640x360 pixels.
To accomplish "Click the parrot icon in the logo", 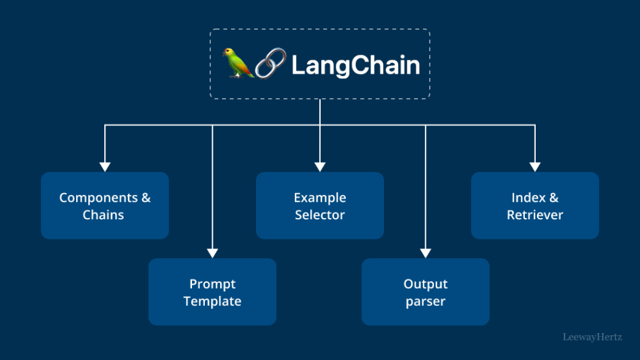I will click(x=238, y=63).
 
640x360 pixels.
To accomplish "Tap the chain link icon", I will click(x=271, y=63).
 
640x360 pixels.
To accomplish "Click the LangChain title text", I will click(x=355, y=65).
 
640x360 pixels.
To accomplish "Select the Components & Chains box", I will click(x=105, y=206).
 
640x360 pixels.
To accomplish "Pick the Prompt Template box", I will click(x=212, y=292).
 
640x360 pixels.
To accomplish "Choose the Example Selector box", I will click(x=320, y=206).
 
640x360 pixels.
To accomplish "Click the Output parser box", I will click(x=425, y=292).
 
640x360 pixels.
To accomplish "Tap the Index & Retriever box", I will click(x=535, y=206).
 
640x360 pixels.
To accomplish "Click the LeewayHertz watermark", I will click(x=592, y=336).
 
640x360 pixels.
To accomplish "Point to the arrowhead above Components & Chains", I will click(x=105, y=166).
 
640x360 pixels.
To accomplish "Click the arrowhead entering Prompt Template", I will click(x=212, y=253).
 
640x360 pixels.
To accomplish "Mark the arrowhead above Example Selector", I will click(x=320, y=166).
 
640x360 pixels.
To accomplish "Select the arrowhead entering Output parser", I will click(x=425, y=253).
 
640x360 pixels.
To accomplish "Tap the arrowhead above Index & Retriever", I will click(x=535, y=166).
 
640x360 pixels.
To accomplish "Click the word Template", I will click(x=212, y=301).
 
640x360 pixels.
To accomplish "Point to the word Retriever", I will click(x=535, y=215).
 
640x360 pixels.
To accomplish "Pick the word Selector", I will click(x=320, y=215).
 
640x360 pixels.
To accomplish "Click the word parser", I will click(x=425, y=302).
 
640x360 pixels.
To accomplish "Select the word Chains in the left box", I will click(x=104, y=215).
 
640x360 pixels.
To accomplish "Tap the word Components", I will click(x=98, y=198).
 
